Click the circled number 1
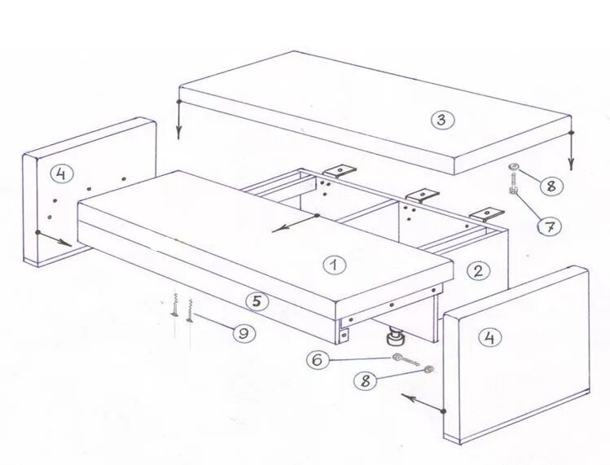335,265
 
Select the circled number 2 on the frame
479,270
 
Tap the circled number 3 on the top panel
442,120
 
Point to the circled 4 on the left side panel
61,173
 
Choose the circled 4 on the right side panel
490,337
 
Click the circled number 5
257,301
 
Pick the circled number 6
318,360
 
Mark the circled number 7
550,226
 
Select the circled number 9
244,333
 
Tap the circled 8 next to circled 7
551,186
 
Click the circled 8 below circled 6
366,380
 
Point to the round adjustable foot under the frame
395,336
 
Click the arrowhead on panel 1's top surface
275,230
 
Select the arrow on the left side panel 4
54,239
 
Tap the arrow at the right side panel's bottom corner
423,404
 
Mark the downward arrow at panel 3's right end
571,151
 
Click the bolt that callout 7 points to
512,184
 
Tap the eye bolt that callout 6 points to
406,360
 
